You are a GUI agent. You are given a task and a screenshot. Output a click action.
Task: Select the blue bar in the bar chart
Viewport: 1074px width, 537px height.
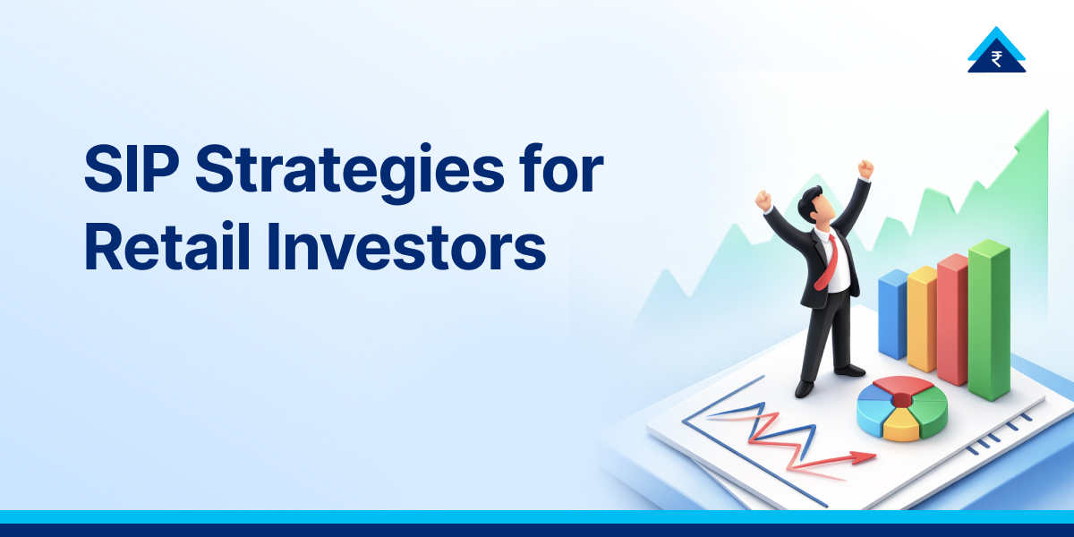click(x=892, y=314)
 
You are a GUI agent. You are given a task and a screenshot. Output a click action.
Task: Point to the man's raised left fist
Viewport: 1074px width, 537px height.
click(x=865, y=168)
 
